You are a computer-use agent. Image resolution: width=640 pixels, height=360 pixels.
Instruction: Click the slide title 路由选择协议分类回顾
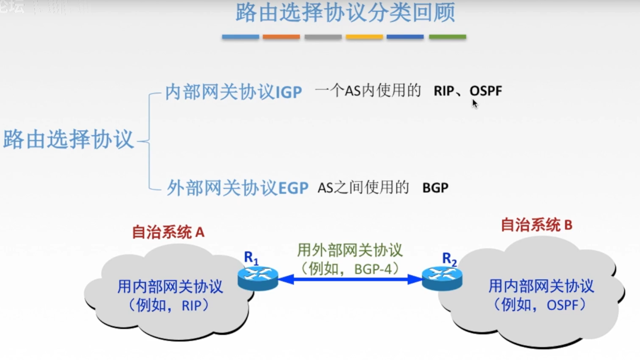[x=345, y=13]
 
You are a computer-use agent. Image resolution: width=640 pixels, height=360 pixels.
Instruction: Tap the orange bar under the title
[x=281, y=37]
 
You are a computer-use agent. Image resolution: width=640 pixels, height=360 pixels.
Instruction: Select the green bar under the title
[x=447, y=37]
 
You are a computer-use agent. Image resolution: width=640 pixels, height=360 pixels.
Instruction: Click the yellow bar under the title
[x=364, y=37]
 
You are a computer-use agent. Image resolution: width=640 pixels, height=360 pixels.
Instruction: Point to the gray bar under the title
[x=323, y=37]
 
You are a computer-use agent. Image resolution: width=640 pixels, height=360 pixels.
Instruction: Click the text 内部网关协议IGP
[x=233, y=92]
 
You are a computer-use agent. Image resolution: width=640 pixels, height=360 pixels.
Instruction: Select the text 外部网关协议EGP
[x=237, y=188]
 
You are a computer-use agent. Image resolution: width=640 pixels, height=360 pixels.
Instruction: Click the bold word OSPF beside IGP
[x=486, y=91]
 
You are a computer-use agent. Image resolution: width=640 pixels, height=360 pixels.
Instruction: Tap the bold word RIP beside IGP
[x=444, y=91]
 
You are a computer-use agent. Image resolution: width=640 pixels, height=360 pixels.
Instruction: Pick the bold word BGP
[x=435, y=188]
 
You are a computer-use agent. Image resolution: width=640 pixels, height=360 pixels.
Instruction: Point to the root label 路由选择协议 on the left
[x=68, y=139]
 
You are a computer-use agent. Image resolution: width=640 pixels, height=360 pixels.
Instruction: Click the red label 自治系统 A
[x=168, y=232]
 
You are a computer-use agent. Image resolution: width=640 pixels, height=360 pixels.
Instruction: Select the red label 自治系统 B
[x=536, y=225]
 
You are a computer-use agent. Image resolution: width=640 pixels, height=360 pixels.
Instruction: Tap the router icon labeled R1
[x=258, y=278]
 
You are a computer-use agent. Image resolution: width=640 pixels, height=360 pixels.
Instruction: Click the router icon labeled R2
[x=442, y=278]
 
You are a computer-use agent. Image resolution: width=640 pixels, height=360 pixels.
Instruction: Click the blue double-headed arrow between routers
[x=350, y=279]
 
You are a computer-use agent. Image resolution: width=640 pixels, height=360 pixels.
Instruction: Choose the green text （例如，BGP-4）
[x=349, y=269]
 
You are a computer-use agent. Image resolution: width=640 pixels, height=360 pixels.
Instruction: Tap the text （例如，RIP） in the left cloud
[x=170, y=306]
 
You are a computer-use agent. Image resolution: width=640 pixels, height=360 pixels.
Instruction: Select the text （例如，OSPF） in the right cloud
[x=541, y=305]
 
